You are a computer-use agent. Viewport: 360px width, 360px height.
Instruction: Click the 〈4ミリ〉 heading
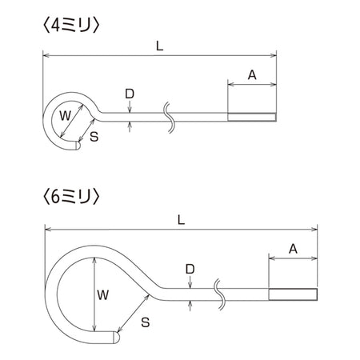pyautogui.click(x=71, y=26)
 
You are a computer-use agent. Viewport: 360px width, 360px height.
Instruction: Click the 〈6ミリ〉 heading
pyautogui.click(x=71, y=198)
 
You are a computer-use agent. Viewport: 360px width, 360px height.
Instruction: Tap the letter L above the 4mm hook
pyautogui.click(x=159, y=46)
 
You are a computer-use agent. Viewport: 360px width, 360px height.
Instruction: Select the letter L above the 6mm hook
pyautogui.click(x=181, y=220)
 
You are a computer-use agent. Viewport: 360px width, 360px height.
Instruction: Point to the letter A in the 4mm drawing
pyautogui.click(x=252, y=75)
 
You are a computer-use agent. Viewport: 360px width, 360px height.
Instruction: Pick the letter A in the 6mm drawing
pyautogui.click(x=293, y=249)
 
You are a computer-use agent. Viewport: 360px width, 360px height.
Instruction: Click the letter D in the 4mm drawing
pyautogui.click(x=130, y=94)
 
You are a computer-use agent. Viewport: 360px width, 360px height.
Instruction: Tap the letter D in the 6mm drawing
pyautogui.click(x=190, y=269)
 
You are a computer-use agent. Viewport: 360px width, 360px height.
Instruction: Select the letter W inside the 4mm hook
pyautogui.click(x=66, y=116)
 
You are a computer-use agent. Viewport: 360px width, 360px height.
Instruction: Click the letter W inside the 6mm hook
pyautogui.click(x=103, y=295)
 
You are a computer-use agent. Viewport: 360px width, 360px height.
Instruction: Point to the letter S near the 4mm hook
pyautogui.click(x=94, y=137)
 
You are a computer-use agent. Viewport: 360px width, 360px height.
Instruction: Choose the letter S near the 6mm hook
pyautogui.click(x=146, y=322)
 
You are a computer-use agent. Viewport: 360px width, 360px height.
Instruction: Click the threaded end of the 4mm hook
pyautogui.click(x=252, y=117)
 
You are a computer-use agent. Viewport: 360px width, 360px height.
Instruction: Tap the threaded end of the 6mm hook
pyautogui.click(x=293, y=294)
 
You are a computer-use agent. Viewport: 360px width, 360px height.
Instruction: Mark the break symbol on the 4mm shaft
pyautogui.click(x=170, y=117)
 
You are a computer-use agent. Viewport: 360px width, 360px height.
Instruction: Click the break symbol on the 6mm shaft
pyautogui.click(x=220, y=294)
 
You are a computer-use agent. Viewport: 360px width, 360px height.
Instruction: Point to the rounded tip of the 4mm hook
pyautogui.click(x=78, y=146)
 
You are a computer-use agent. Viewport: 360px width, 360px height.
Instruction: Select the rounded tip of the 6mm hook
pyautogui.click(x=117, y=337)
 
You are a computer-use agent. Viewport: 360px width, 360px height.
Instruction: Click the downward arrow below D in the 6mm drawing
pyautogui.click(x=190, y=282)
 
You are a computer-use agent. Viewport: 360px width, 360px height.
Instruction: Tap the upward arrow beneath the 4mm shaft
pyautogui.click(x=130, y=126)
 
